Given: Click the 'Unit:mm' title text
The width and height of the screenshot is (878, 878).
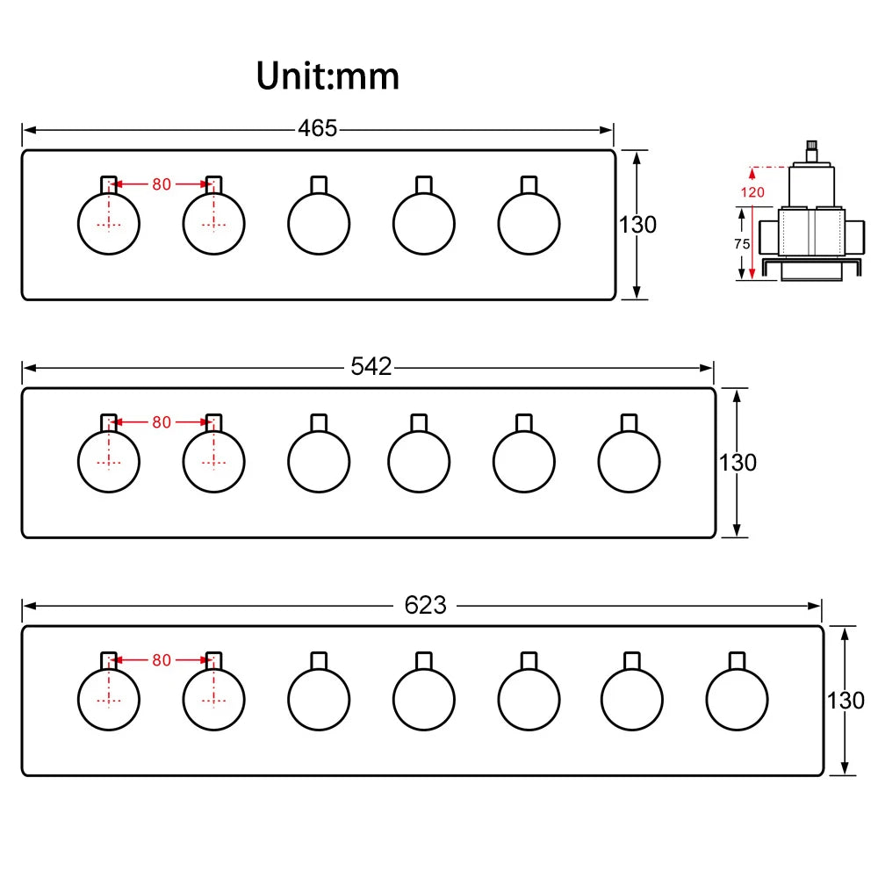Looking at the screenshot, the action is (327, 76).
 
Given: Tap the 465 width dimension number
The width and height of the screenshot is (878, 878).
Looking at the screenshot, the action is (318, 129).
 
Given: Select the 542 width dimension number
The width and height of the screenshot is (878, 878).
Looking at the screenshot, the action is (371, 367).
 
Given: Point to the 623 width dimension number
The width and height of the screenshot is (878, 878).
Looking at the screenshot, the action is (426, 605).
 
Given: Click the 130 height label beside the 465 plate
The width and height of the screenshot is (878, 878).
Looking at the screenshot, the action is (637, 225).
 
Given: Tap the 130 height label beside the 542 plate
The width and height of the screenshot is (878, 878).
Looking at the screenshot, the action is (738, 463).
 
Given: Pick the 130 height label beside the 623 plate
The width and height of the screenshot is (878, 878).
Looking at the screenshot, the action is (846, 701).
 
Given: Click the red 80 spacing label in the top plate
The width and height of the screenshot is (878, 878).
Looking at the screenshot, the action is (162, 184).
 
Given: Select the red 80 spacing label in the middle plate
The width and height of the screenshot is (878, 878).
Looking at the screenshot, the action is (162, 422).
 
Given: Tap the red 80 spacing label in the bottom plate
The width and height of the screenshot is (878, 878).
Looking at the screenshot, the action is (162, 660).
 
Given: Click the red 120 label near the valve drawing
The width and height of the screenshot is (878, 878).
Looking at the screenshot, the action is (752, 192).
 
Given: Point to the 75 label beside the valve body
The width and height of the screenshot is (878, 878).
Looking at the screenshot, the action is (742, 244).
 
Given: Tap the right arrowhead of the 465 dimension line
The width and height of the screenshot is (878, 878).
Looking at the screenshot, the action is (607, 130).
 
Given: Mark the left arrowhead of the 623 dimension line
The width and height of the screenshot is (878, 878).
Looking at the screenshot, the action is (30, 606).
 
